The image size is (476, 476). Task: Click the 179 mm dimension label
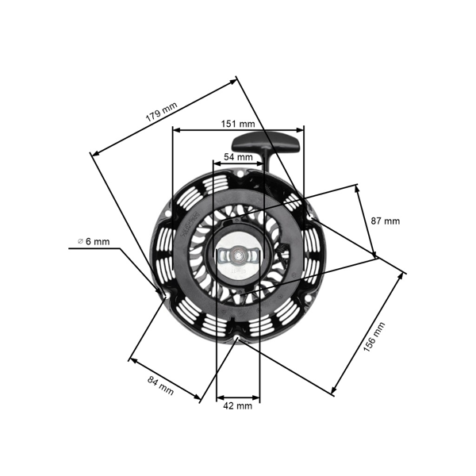pos(161,110)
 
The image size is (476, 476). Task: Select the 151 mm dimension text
pos(238,124)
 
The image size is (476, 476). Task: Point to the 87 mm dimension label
pos(386,221)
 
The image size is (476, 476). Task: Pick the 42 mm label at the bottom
pos(237,405)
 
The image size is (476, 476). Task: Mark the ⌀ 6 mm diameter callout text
pos(94,241)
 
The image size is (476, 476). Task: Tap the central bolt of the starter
pos(236,257)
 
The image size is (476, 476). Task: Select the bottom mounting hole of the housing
pos(237,339)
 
